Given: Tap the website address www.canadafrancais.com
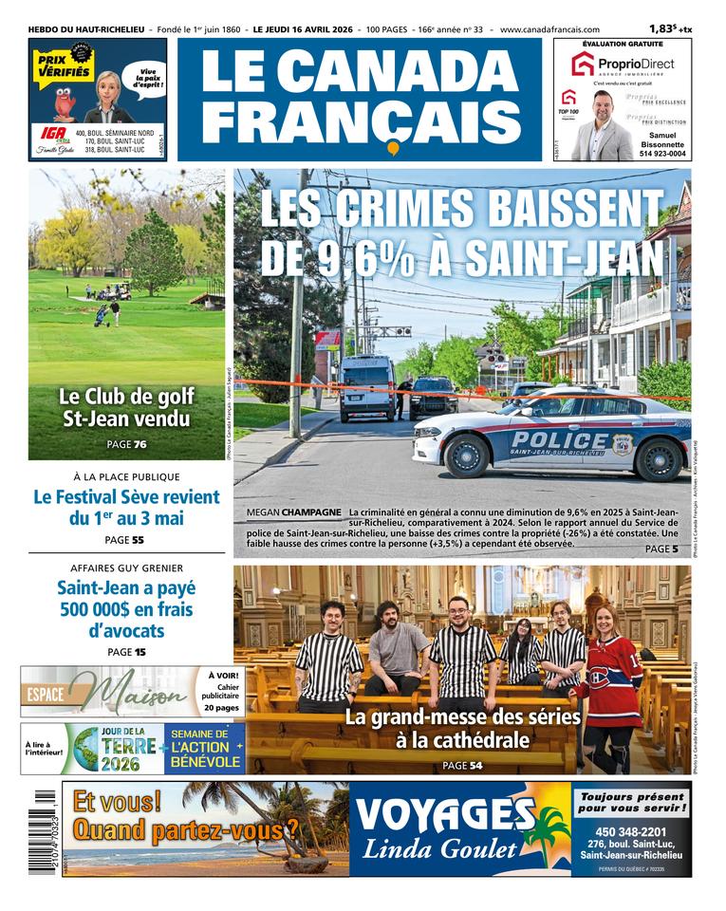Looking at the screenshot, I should (549, 29).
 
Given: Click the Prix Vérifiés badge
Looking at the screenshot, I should (63, 65).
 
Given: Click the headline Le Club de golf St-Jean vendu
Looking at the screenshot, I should (126, 407).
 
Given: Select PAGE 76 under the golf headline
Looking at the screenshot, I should (126, 444).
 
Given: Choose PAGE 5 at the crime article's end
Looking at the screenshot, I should (661, 548).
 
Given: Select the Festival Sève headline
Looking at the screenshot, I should (126, 508).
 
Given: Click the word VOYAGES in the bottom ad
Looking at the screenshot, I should (442, 814).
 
